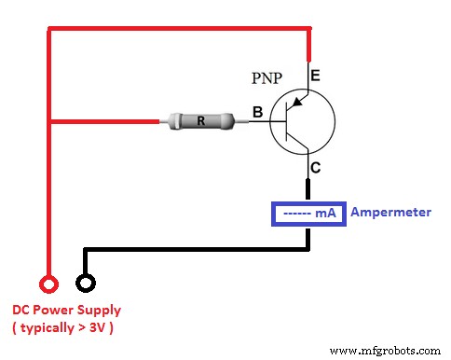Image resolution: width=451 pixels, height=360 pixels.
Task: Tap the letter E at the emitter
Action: click(315, 76)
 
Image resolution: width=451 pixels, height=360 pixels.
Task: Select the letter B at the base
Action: click(256, 112)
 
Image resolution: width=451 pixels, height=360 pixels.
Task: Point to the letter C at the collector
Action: click(315, 169)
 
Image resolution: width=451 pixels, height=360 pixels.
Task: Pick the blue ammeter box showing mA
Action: click(307, 213)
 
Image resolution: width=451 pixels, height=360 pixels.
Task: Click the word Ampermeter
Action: click(391, 213)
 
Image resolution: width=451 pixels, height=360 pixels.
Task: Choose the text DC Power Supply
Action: click(66, 310)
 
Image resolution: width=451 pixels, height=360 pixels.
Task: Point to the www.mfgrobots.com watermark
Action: click(387, 352)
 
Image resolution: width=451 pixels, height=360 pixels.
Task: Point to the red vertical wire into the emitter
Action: click(308, 47)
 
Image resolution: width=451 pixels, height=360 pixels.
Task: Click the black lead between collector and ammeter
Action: click(308, 189)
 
